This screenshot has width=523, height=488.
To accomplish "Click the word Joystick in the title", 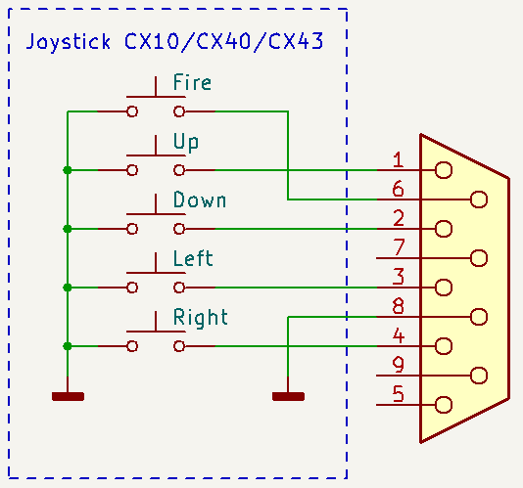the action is [x=68, y=42].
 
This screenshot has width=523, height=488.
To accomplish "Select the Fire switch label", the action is [x=192, y=82].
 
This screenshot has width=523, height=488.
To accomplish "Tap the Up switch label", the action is [x=186, y=143].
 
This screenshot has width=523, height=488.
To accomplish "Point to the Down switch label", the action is [x=200, y=200].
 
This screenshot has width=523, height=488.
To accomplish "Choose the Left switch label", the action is [x=193, y=258].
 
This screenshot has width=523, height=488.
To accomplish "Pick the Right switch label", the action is [x=201, y=318].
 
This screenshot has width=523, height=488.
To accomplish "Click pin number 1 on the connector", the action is [x=398, y=159].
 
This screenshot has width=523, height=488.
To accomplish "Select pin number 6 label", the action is [x=398, y=189].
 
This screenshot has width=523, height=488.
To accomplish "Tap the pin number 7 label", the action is [x=399, y=247].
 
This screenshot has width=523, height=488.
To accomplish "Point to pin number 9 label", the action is [x=399, y=365].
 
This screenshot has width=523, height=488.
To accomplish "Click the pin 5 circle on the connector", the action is [x=444, y=405].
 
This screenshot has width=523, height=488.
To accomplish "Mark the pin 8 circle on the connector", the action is [x=479, y=317].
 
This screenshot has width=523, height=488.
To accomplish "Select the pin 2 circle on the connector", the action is [x=444, y=229].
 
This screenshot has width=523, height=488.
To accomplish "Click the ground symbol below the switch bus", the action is [x=68, y=396].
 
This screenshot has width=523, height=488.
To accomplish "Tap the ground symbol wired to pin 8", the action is [x=288, y=396].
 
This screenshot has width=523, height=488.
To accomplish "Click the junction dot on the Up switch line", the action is [x=68, y=170].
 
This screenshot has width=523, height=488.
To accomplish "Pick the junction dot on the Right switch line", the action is [x=68, y=346].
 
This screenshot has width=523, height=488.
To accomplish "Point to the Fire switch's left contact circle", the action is [x=132, y=111].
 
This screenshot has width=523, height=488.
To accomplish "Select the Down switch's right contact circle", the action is [x=179, y=229].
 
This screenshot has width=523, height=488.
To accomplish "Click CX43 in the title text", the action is [x=296, y=41].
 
